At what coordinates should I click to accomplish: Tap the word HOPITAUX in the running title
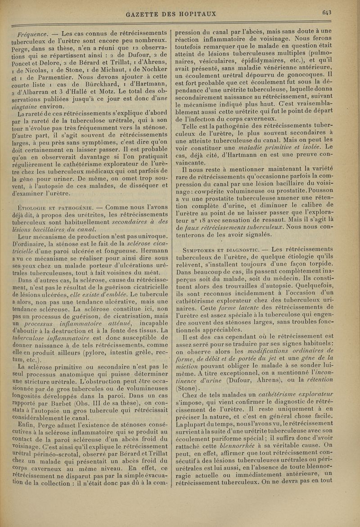(203, 14)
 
